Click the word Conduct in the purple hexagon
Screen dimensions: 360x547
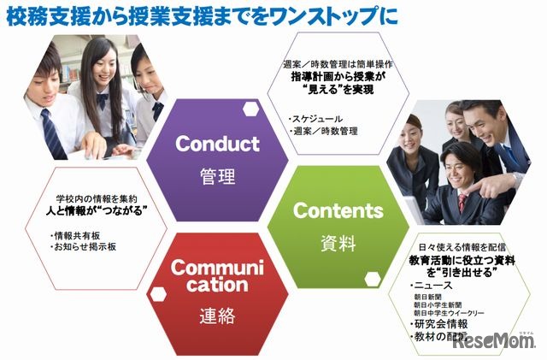point(217,143)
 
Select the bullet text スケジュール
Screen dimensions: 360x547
point(317,118)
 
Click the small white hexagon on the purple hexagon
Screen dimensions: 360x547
point(251,109)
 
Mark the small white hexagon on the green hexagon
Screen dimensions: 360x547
point(371,279)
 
